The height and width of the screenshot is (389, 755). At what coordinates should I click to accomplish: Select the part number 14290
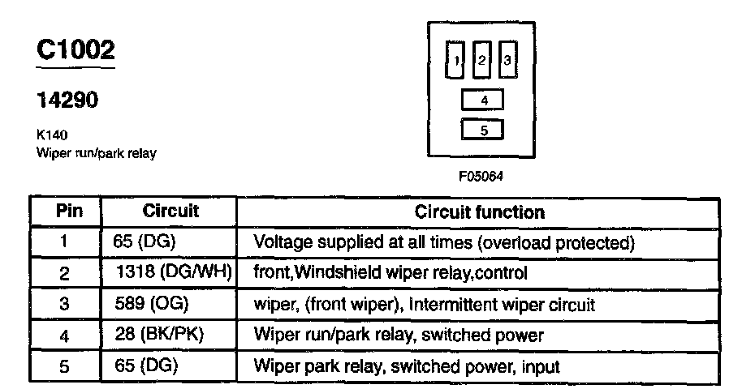[x=67, y=101]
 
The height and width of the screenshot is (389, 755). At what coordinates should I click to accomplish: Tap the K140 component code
[x=51, y=136]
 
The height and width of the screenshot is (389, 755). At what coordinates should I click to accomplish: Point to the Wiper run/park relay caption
[x=96, y=153]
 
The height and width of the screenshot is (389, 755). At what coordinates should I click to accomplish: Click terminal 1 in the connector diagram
[x=457, y=60]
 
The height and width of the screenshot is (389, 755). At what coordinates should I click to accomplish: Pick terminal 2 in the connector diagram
[x=482, y=60]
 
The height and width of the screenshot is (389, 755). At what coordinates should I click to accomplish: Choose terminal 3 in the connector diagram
[x=507, y=60]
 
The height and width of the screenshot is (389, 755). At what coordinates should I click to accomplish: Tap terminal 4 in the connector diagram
[x=483, y=100]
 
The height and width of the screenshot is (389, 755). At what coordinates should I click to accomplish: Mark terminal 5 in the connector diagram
[x=483, y=130]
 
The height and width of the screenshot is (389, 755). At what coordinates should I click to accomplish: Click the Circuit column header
[x=170, y=212]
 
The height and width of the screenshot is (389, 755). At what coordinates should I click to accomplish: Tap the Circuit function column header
[x=480, y=212]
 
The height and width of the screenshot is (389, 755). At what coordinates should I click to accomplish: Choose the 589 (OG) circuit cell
[x=153, y=305]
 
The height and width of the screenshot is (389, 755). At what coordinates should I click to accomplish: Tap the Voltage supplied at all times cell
[x=444, y=242]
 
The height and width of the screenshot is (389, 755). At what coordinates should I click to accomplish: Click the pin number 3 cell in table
[x=66, y=305]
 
